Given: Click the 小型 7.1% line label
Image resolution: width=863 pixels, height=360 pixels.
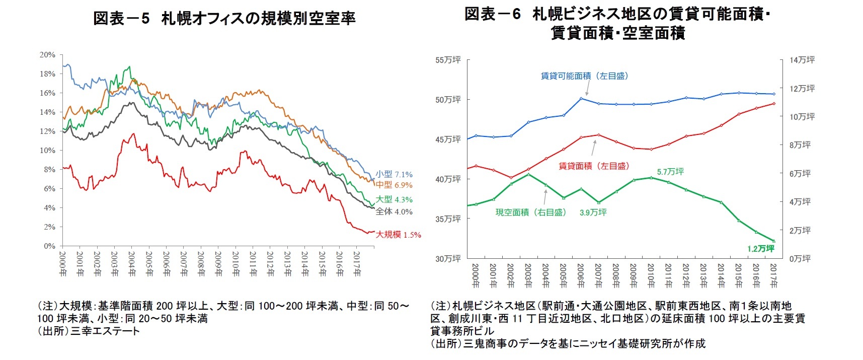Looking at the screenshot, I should tap(394, 174).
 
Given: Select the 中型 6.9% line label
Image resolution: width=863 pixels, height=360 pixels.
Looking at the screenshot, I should tap(394, 185).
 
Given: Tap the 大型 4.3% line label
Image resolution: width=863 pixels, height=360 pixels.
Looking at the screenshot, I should tap(394, 199).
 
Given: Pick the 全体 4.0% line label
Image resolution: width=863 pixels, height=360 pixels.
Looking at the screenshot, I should tap(394, 212).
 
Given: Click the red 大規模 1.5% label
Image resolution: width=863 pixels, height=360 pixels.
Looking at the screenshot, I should tap(398, 235).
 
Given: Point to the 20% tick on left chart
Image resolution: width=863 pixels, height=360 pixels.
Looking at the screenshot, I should tap(48, 55).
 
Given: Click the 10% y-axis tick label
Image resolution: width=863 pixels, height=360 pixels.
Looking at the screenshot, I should tap(48, 151).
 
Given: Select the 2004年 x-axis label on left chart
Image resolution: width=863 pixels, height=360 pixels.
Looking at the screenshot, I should tap(132, 264).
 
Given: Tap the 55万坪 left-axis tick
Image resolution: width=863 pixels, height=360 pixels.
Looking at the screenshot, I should tap(448, 60).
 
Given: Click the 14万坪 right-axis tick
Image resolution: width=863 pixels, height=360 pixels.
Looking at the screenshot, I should tap(802, 60).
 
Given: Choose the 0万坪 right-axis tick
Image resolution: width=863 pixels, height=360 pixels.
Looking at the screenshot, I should tap(800, 259).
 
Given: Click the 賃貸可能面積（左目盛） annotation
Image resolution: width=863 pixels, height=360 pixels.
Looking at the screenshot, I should tap(584, 76).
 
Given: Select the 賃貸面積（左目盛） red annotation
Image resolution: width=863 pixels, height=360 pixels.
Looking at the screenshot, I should tap(594, 166).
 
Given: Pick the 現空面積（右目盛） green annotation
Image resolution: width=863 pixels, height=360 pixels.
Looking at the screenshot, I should tap(531, 212).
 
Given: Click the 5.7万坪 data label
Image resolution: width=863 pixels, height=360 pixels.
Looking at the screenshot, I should tap(670, 172).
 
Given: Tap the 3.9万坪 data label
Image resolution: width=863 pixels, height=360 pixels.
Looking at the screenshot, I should tap(593, 212).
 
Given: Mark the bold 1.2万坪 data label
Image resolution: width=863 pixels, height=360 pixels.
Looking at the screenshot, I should tap(761, 249).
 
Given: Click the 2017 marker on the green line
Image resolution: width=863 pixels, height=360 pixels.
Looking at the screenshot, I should tap(774, 241).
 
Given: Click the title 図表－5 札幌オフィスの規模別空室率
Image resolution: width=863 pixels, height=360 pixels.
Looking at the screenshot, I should tap(224, 19).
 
